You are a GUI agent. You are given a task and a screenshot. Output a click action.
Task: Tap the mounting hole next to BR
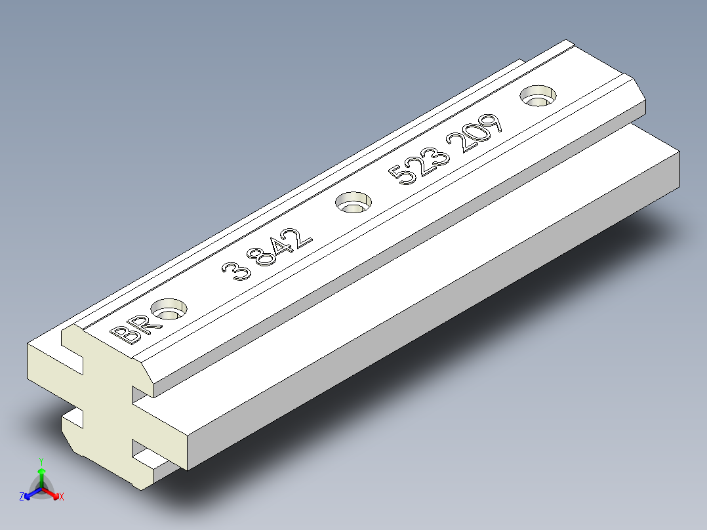click(169, 308)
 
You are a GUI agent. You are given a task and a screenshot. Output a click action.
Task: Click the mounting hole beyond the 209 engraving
click(538, 95)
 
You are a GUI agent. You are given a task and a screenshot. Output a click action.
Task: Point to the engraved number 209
click(474, 132)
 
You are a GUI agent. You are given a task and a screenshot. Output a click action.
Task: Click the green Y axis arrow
click(41, 472)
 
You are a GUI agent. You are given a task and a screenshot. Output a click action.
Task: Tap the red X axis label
click(61, 497)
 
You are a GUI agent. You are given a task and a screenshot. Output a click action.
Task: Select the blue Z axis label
click(22, 497)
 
